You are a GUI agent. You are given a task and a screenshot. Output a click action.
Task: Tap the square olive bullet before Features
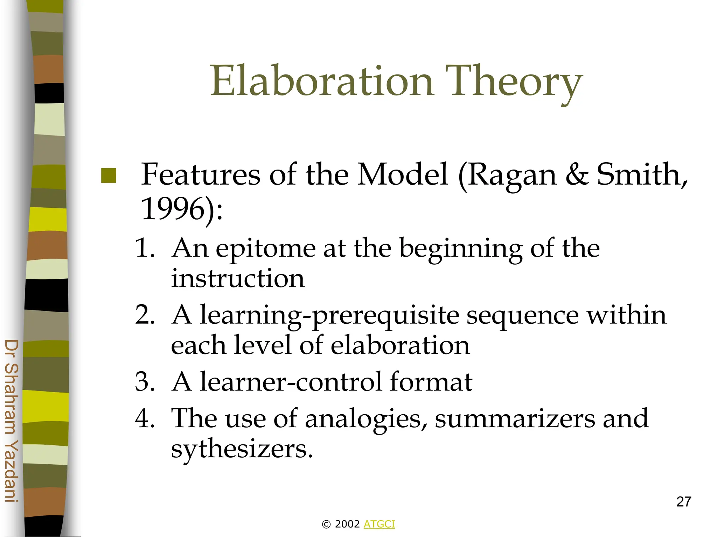coord(109,176)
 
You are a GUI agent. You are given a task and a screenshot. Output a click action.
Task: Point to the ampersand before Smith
coord(577,174)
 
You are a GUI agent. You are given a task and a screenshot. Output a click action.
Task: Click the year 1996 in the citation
coord(172,208)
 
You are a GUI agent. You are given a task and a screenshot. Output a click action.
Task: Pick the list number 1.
coord(144,248)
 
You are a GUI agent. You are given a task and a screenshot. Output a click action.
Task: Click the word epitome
coord(265,249)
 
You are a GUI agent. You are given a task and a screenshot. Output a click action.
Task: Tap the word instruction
coord(238,279)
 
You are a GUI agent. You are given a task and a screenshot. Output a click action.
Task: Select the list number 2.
coord(144,315)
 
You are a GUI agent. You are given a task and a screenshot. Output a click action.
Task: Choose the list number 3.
coord(144,381)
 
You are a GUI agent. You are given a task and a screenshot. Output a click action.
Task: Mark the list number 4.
coord(144,418)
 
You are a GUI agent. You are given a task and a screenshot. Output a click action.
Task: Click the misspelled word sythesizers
coord(241,449)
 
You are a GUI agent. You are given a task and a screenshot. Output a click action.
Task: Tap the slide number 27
coord(683,502)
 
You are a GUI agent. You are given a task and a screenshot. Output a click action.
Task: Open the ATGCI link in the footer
coord(379,524)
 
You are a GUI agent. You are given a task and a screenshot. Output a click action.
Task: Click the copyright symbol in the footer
coord(326,524)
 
